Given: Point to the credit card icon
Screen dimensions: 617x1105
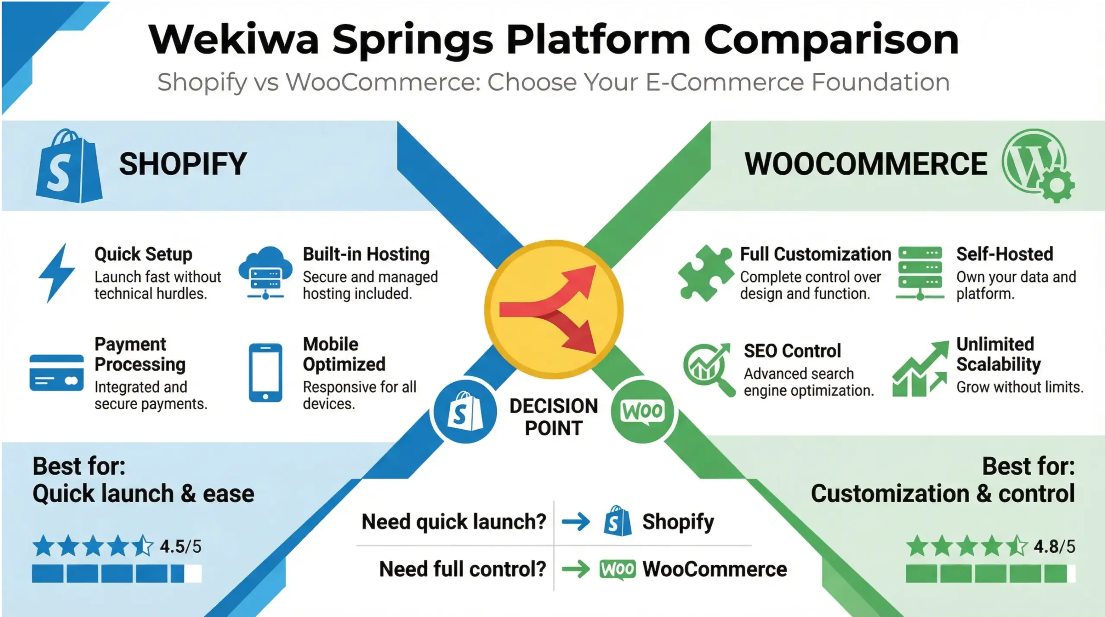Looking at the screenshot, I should coord(57,373).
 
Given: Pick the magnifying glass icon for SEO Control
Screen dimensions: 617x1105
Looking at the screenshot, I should coord(708,369).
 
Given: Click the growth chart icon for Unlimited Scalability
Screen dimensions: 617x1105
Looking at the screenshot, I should coord(920,369).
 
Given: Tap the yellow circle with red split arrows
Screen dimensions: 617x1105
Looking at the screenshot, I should coord(554,309).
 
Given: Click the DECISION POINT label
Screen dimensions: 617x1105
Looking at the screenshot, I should coord(554,417).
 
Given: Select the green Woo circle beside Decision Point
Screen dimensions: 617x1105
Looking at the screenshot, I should coord(642,412).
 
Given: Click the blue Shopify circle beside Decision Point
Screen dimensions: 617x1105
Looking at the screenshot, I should coord(465,412).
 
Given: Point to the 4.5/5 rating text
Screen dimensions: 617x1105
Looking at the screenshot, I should coord(180,547).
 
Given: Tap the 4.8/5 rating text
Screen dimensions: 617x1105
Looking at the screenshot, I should coord(1054,547).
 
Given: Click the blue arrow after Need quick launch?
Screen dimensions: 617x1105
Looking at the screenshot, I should coord(576,522).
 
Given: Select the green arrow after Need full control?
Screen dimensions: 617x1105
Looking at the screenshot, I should coord(576,569).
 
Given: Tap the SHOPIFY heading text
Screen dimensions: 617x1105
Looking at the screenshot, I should coord(183,164).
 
